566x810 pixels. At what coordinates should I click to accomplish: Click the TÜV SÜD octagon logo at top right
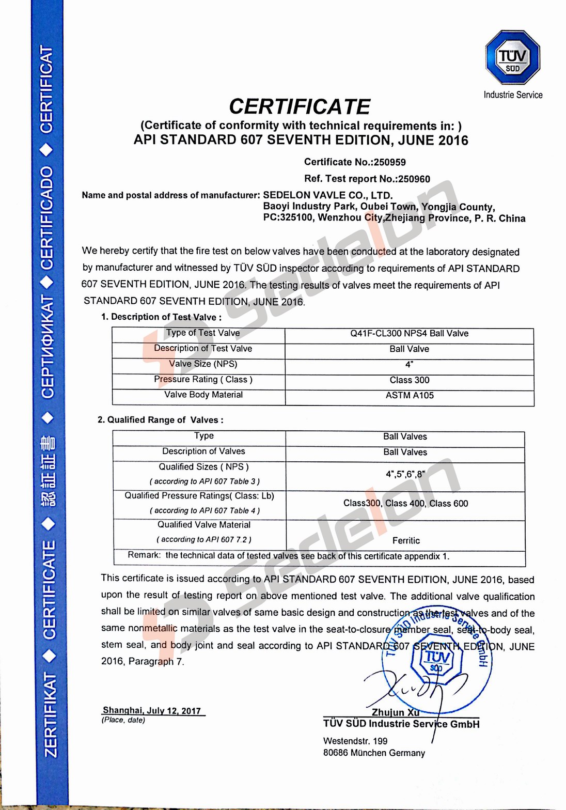(512, 57)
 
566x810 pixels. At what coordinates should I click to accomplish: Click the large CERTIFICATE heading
(300, 106)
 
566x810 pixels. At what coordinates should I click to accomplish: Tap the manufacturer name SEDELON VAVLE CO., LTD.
(328, 195)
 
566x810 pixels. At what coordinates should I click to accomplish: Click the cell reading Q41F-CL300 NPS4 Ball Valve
(409, 334)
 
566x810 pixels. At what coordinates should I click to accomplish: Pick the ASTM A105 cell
(410, 396)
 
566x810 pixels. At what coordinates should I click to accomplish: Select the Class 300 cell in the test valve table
(410, 380)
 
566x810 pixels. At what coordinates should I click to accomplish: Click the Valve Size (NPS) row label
(203, 364)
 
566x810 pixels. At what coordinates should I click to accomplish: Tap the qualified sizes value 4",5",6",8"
(405, 474)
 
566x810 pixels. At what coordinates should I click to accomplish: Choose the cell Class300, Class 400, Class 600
(405, 503)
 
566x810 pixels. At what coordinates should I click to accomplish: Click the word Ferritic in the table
(406, 540)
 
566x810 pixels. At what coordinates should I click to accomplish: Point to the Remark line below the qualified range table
(288, 556)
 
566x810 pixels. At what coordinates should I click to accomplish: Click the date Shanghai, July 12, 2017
(152, 710)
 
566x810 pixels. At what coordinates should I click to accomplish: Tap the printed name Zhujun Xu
(396, 712)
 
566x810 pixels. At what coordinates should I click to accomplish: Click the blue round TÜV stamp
(437, 656)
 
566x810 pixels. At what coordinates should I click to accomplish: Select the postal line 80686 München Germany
(374, 753)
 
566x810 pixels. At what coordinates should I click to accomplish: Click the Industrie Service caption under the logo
(513, 95)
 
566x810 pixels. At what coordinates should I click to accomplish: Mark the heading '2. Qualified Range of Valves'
(161, 420)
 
